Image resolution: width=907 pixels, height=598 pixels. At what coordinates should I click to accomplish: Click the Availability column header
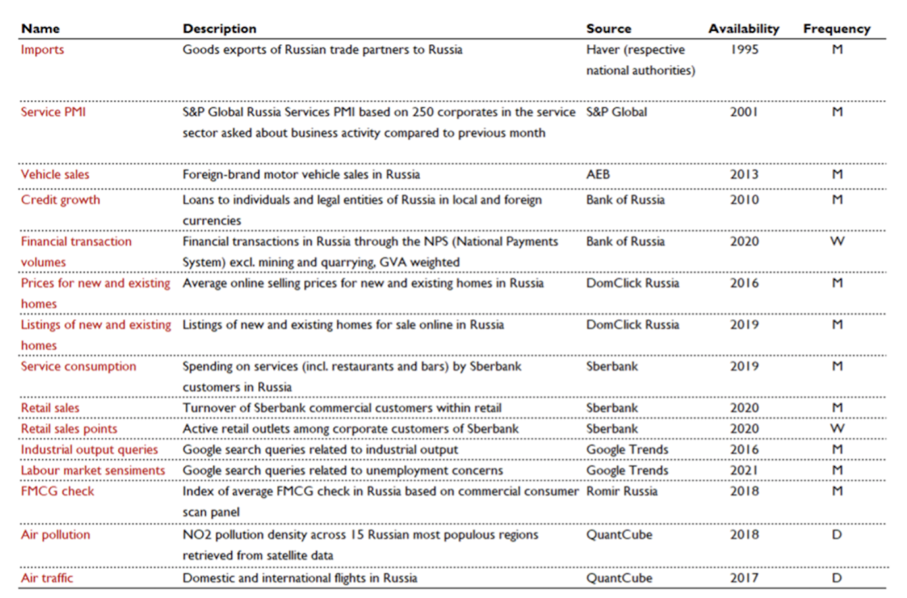[744, 29]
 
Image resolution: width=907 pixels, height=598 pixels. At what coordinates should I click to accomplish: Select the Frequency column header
[837, 29]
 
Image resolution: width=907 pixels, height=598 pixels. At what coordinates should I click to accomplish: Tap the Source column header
[609, 29]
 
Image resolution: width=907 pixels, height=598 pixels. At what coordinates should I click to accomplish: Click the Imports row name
[43, 50]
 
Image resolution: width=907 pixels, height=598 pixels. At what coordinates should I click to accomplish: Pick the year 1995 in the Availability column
[744, 50]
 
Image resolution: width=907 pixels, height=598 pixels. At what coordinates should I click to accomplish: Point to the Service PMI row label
[53, 112]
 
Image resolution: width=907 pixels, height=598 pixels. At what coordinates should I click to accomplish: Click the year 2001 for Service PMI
[744, 112]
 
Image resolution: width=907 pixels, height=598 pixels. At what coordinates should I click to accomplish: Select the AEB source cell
[598, 174]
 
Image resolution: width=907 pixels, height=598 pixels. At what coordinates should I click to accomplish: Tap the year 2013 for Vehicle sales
[744, 174]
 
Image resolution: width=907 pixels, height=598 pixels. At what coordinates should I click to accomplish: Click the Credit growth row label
[60, 200]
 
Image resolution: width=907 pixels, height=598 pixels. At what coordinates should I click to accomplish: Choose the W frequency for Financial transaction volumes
[837, 242]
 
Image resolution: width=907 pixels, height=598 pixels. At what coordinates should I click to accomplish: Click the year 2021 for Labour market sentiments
[744, 470]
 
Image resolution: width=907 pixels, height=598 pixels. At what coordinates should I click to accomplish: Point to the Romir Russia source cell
[622, 491]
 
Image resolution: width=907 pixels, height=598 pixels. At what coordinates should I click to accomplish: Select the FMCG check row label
[57, 491]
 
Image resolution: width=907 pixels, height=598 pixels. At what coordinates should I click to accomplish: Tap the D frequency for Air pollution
[837, 534]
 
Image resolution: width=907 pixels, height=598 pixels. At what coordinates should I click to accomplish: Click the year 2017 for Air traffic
[744, 577]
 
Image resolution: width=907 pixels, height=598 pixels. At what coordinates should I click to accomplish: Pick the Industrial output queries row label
[89, 450]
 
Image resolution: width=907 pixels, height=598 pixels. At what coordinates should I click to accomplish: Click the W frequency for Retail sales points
[837, 429]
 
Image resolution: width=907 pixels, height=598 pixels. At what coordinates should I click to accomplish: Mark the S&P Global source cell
[616, 112]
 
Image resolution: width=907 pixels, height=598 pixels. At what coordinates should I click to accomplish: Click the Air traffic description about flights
[300, 578]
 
